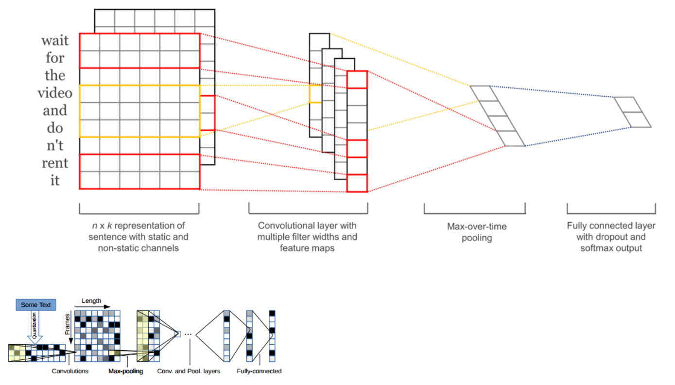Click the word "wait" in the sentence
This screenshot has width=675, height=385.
pyautogui.click(x=55, y=40)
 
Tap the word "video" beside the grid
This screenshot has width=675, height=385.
pyautogui.click(x=55, y=93)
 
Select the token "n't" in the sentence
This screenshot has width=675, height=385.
pyautogui.click(x=55, y=145)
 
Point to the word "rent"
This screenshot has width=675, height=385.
pyautogui.click(x=55, y=163)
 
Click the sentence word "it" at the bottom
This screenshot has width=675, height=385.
pyautogui.click(x=55, y=180)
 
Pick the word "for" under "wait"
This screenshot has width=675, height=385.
pyautogui.click(x=55, y=58)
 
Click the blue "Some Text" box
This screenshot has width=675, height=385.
pyautogui.click(x=35, y=305)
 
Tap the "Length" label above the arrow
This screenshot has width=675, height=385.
pyautogui.click(x=91, y=301)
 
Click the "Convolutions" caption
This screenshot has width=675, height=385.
pyautogui.click(x=70, y=371)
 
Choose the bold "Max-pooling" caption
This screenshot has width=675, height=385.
pyautogui.click(x=125, y=371)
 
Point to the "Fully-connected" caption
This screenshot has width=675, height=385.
pyautogui.click(x=259, y=371)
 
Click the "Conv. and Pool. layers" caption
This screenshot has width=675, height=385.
pyautogui.click(x=189, y=371)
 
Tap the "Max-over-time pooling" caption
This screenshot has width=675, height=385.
pyautogui.click(x=476, y=232)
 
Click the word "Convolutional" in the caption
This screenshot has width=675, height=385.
pyautogui.click(x=283, y=226)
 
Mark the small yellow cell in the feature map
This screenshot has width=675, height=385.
pyautogui.click(x=315, y=94)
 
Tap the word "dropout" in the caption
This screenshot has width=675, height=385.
pyautogui.click(x=629, y=237)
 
